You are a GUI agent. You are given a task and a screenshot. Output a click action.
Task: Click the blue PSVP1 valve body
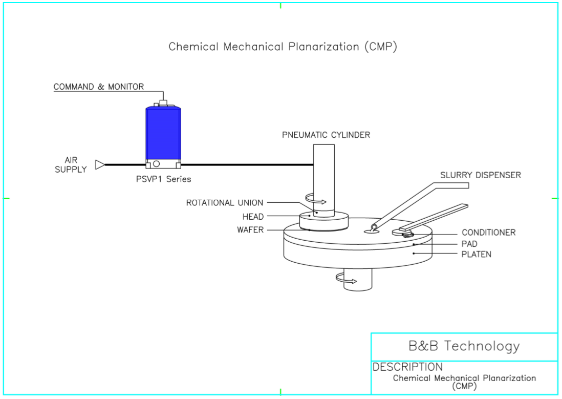pos(163,133)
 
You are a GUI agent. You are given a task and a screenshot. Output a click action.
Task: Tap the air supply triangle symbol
pos(100,164)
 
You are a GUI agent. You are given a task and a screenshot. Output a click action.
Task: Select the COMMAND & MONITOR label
pos(99,87)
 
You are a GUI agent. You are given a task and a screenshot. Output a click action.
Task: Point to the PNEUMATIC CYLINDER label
pos(326,135)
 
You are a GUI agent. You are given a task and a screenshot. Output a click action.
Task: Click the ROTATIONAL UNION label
pos(225,203)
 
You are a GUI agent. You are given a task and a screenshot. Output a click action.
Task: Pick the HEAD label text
pos(253,217)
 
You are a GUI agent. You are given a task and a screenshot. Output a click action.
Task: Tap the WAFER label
pos(250,230)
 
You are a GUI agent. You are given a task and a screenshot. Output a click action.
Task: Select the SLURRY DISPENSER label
pos(481,175)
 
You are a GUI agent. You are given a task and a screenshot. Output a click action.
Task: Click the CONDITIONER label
pos(488,233)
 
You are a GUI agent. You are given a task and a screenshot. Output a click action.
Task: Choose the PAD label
pos(469,244)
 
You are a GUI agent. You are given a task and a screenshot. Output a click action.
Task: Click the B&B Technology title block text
pos(464,346)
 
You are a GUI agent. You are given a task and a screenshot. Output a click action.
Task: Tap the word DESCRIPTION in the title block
pos(407,367)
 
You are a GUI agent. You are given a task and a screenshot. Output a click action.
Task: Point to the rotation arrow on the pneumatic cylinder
pos(315,198)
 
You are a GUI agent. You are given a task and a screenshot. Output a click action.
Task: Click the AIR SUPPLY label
pos(71,165)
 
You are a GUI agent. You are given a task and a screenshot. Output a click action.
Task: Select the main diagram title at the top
pos(283,47)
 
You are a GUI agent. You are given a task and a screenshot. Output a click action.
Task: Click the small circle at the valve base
pos(156,164)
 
